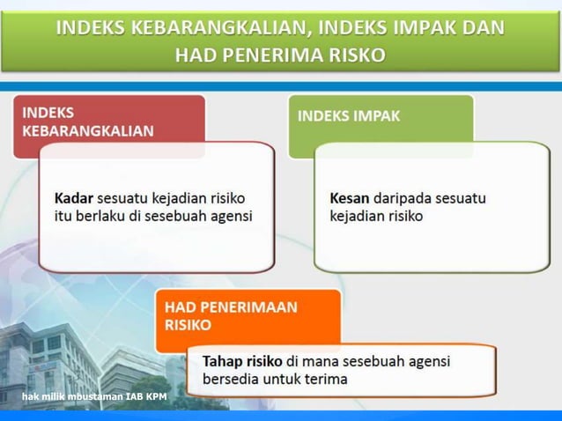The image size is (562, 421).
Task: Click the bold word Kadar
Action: (x=74, y=196)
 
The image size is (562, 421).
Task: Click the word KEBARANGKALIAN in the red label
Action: (x=87, y=131)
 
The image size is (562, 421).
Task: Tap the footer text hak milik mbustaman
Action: (x=71, y=397)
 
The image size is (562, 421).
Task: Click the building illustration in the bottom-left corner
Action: (x=53, y=361)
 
